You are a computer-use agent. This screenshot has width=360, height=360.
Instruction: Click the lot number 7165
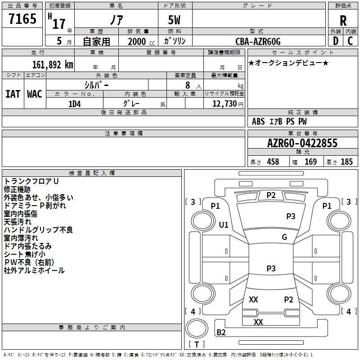(22, 19)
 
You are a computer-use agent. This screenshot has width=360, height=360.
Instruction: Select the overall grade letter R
(343, 21)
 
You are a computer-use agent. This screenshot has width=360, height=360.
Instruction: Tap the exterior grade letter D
(336, 41)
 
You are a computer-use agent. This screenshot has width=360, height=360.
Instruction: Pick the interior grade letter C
(350, 41)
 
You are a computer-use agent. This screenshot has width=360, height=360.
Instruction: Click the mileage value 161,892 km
(53, 65)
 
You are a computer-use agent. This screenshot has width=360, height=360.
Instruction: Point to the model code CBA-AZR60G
(258, 41)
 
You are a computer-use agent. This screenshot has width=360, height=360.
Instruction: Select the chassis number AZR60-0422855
(302, 143)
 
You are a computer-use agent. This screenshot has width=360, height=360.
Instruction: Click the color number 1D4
(75, 104)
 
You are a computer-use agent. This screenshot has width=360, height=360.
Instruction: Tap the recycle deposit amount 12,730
(225, 104)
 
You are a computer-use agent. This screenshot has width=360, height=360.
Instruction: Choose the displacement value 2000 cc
(141, 41)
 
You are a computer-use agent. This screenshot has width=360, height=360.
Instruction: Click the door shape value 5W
(174, 20)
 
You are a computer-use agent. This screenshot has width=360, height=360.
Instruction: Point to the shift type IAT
(13, 94)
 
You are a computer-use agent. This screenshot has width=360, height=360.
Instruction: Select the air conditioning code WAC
(35, 94)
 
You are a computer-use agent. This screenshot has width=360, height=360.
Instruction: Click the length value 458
(273, 162)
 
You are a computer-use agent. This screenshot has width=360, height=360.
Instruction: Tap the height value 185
(346, 162)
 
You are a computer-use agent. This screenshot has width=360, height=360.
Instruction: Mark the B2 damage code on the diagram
(221, 332)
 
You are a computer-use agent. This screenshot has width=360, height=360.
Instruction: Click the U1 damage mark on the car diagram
(224, 225)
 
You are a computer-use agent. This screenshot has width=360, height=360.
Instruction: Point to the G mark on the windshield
(284, 237)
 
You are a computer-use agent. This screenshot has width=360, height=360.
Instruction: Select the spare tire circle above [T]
(197, 328)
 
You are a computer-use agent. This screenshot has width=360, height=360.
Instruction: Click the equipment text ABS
(258, 121)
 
